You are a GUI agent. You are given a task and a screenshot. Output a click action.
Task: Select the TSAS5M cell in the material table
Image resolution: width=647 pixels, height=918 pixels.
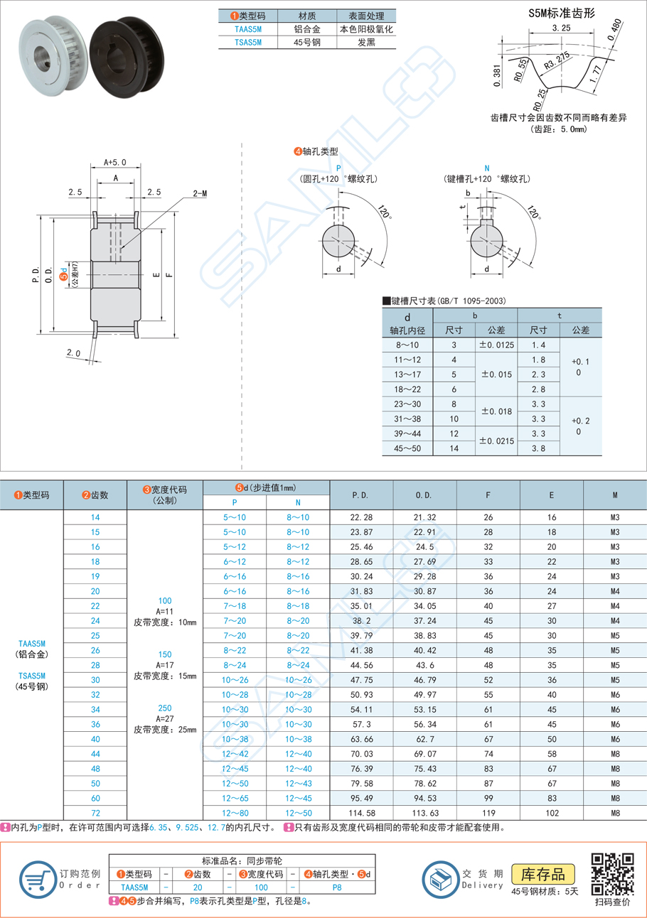pos(248,43)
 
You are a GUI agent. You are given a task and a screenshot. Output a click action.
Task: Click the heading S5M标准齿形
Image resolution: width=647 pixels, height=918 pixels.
pos(561,13)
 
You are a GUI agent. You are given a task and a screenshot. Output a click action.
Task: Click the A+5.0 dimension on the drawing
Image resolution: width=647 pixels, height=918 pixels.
pos(114,162)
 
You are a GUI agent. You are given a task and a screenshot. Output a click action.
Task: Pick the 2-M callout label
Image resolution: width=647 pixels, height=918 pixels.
pos(200,193)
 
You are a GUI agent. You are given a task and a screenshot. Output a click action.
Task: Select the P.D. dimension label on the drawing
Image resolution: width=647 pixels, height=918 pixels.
pos(36,274)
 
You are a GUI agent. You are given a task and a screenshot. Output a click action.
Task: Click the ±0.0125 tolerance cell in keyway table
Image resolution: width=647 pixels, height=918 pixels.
pos(496,345)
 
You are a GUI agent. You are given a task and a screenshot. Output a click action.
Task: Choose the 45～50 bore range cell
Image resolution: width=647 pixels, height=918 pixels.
pos(407,448)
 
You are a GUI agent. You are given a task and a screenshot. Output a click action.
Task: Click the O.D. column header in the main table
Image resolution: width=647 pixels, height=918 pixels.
pos(424,495)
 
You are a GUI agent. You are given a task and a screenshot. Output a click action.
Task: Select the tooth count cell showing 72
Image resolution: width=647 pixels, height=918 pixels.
pos(95,813)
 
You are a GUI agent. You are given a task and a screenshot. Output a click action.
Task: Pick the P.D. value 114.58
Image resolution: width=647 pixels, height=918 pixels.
pos(361,813)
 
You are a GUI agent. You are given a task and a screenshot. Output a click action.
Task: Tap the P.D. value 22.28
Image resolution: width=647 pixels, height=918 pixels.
pos(361,518)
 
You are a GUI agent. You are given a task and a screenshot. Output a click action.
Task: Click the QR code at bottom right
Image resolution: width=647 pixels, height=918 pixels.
pos(613,873)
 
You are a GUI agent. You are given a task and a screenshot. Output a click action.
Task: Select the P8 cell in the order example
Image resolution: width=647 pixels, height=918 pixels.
pos(336,887)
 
